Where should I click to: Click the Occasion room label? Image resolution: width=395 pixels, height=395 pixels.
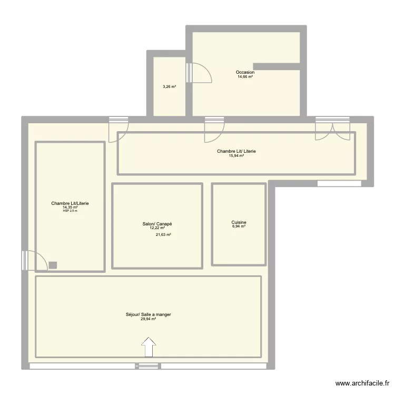point(245,72)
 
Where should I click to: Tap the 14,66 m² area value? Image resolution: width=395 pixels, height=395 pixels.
point(245,77)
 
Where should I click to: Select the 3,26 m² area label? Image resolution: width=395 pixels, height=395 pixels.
point(169,87)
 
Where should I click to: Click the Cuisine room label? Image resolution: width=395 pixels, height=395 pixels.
point(239,222)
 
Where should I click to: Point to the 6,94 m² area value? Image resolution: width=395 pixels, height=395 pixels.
point(239,227)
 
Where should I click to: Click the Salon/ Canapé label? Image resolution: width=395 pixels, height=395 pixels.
point(157,224)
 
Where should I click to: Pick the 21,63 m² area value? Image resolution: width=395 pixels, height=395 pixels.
point(163,235)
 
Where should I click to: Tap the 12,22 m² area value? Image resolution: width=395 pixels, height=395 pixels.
point(157,228)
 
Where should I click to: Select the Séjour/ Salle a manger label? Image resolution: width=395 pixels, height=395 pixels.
point(149,314)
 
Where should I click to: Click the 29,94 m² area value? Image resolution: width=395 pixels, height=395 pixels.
point(149,319)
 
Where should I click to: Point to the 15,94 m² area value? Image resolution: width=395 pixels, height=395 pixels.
point(236,156)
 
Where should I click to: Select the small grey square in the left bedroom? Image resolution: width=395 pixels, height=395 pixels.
point(53,265)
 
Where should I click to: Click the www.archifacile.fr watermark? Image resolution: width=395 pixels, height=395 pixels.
point(363,383)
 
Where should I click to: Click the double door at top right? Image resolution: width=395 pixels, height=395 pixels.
point(332,129)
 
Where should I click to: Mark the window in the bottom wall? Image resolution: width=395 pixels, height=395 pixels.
point(148,366)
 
